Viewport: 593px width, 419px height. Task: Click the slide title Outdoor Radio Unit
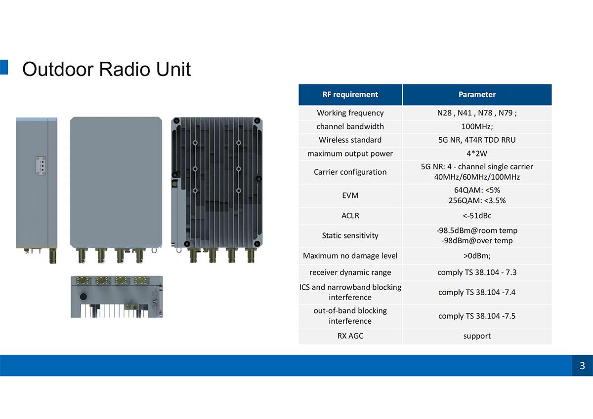[x=106, y=69]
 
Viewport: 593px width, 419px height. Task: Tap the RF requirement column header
[x=350, y=94]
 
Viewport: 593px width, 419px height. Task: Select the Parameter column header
[x=477, y=94]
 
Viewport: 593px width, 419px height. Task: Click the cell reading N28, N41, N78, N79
[x=477, y=113]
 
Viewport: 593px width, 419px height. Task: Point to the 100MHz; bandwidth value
[x=477, y=127]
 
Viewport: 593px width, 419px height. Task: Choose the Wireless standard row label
[x=350, y=140]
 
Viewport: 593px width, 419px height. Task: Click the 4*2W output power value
[x=477, y=153]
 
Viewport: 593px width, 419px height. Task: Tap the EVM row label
[x=350, y=195]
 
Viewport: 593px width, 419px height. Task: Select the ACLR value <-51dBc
[x=477, y=216]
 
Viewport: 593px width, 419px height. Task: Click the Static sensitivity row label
[x=350, y=235]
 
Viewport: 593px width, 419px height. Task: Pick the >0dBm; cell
[x=477, y=256]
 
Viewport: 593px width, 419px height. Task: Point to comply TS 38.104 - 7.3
[x=477, y=272]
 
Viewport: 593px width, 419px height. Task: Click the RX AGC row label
[x=350, y=336]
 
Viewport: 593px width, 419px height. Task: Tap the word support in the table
[x=477, y=336]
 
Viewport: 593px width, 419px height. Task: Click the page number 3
[x=582, y=366]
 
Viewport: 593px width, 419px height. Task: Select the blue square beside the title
[x=4, y=67]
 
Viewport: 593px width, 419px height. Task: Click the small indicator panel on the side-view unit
[x=41, y=166]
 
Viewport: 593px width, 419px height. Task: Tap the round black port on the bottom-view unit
[x=83, y=296]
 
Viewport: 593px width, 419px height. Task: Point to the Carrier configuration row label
[x=350, y=172]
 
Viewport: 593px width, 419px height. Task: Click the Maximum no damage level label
[x=350, y=256]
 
